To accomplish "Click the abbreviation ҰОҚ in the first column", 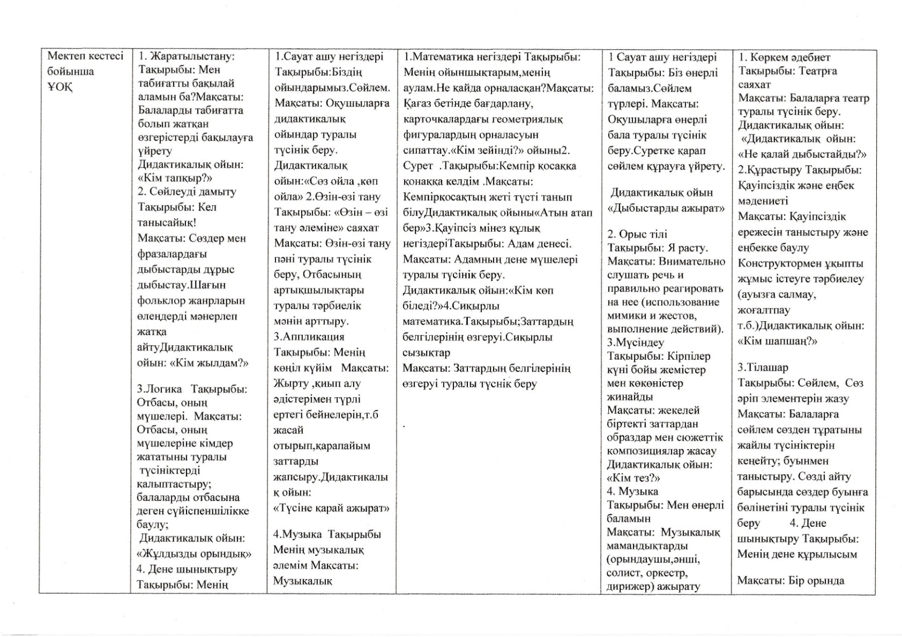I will pyautogui.click(x=59, y=87).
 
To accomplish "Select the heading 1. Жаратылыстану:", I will pyautogui.click(x=187, y=56).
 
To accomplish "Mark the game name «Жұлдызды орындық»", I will pyautogui.click(x=194, y=553).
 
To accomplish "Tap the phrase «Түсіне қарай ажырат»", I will pyautogui.click(x=331, y=507).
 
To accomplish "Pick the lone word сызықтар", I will pyautogui.click(x=426, y=353).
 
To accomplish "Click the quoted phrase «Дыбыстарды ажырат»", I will pyautogui.click(x=666, y=208).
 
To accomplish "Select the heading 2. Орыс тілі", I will pyautogui.click(x=637, y=234).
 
